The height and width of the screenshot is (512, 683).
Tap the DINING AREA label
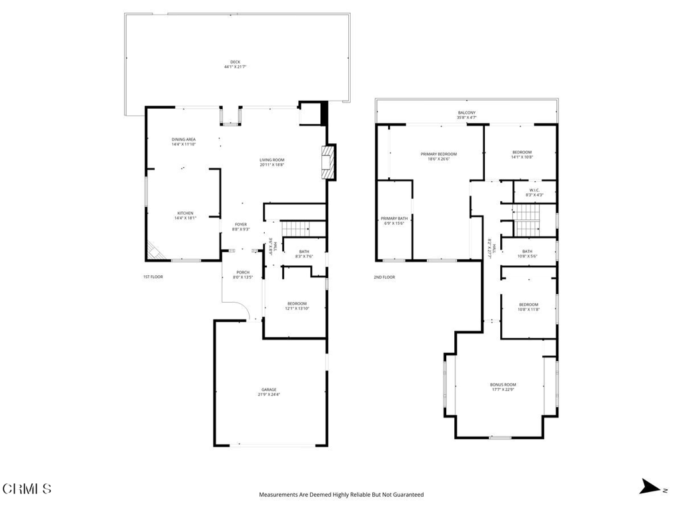click(183, 139)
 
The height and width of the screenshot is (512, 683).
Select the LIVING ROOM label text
click(272, 159)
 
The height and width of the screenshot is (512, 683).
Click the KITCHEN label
click(185, 213)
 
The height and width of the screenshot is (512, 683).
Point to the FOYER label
click(241, 225)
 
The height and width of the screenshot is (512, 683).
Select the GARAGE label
click(269, 390)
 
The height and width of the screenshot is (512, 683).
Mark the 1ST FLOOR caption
click(153, 277)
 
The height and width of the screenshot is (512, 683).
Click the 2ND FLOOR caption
click(384, 277)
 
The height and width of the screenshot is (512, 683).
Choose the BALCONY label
click(466, 113)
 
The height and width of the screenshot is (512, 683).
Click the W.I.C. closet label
click(534, 191)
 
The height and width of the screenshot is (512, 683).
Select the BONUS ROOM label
click(503, 385)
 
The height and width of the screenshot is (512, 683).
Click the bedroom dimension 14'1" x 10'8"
click(522, 158)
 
